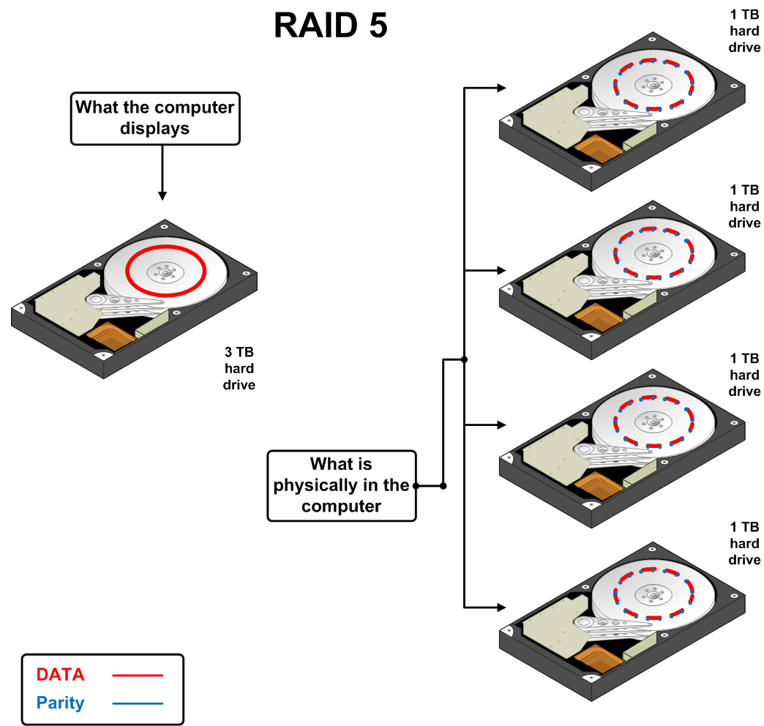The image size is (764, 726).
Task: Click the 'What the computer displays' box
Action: [155, 118]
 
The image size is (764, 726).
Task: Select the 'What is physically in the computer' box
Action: [341, 485]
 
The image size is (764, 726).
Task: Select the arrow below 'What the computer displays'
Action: [162, 195]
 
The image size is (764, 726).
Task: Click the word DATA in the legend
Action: [61, 674]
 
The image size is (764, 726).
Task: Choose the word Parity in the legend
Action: [61, 703]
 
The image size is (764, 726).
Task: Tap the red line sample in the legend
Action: [138, 675]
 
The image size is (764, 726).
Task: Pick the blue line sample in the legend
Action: [138, 704]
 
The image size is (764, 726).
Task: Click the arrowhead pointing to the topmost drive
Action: [501, 88]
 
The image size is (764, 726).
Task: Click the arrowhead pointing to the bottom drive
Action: [501, 607]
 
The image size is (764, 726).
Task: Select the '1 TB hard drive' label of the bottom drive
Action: [745, 543]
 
